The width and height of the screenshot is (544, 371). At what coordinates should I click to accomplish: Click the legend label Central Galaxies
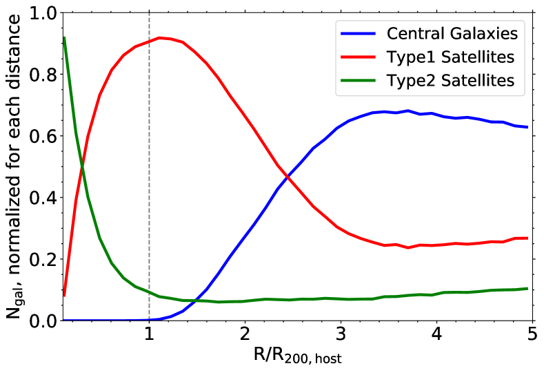(x=452, y=32)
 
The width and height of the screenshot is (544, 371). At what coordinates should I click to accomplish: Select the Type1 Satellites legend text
(x=452, y=56)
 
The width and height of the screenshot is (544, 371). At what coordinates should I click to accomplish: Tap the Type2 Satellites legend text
(x=452, y=80)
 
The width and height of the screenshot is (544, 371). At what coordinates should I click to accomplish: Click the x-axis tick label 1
(x=149, y=335)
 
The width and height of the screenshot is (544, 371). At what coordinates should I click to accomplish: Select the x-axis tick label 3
(x=340, y=335)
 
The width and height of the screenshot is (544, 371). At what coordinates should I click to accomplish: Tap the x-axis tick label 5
(x=532, y=335)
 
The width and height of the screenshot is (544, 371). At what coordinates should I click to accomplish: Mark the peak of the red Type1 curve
(x=159, y=38)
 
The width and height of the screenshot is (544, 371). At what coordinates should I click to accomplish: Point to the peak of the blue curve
(x=408, y=111)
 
